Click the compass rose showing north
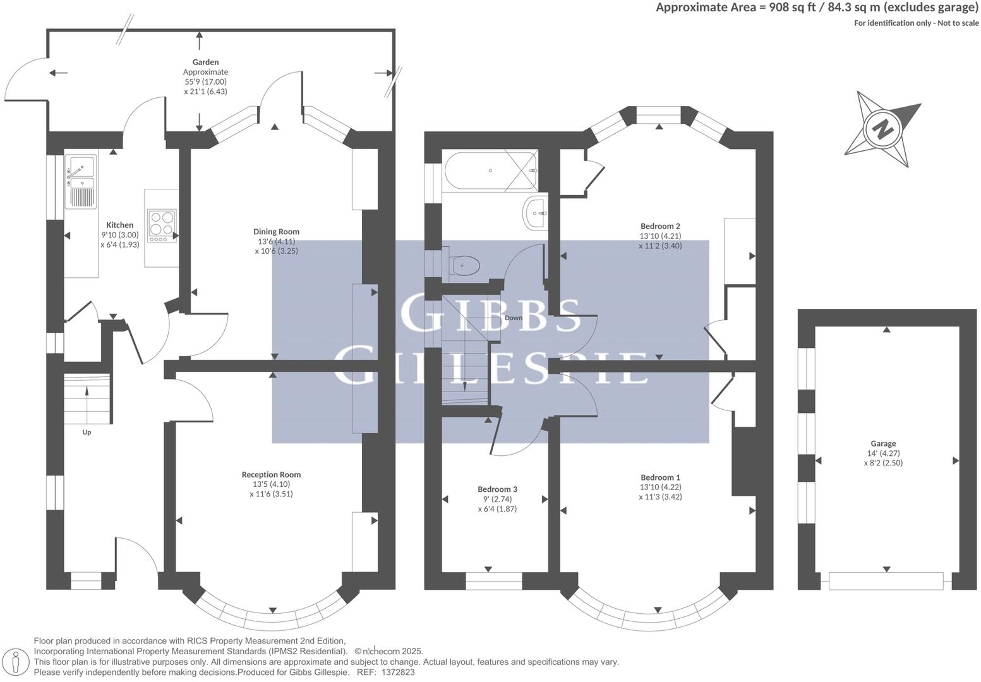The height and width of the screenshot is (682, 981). (x=882, y=129)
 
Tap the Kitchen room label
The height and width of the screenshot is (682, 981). (x=119, y=225)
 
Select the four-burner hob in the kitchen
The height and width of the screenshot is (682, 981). (x=161, y=225)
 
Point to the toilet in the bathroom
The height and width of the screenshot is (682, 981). (x=464, y=266)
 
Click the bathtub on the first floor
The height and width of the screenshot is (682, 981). (x=490, y=170)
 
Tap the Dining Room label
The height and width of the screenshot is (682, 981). (x=276, y=232)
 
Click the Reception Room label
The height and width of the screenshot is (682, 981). (x=271, y=474)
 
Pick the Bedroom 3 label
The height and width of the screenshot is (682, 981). (x=497, y=489)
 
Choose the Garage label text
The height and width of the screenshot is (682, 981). (x=882, y=443)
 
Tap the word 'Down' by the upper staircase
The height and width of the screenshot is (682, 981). (x=514, y=318)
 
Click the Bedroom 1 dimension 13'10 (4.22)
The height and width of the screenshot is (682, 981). (x=660, y=487)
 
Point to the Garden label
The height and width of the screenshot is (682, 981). (x=205, y=62)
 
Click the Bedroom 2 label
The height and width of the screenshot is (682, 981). (x=660, y=226)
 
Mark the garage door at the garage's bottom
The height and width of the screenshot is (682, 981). (x=886, y=580)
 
